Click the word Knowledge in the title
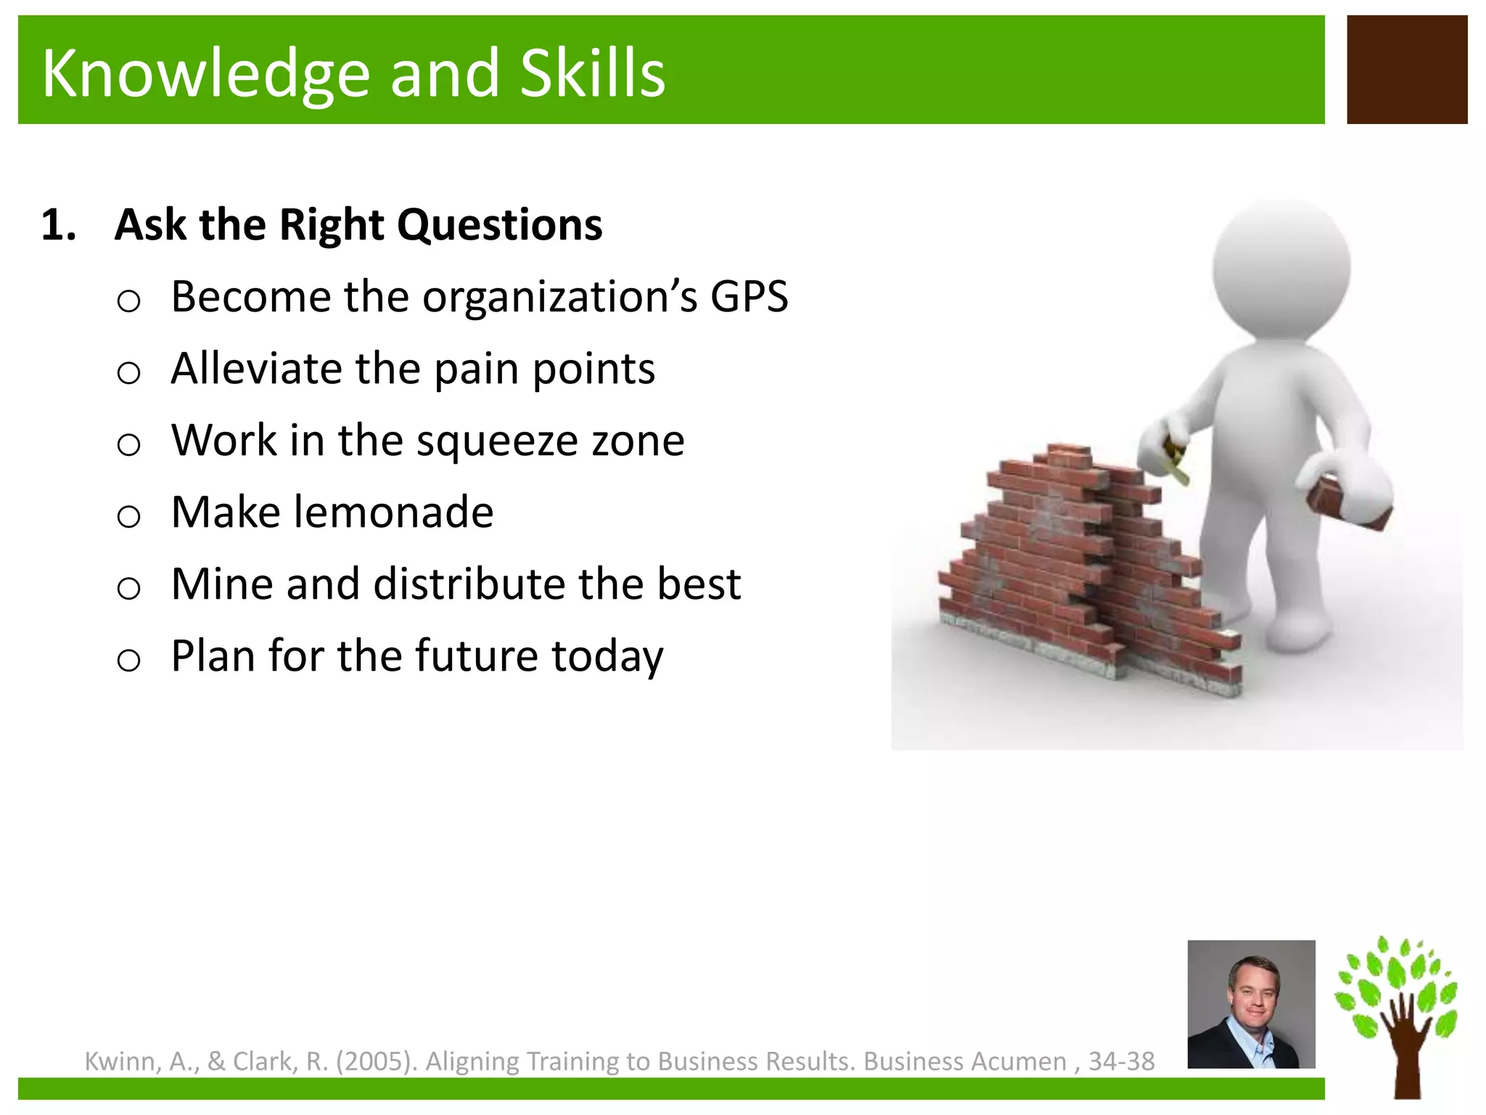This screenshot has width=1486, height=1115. (x=205, y=74)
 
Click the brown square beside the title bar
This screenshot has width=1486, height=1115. (x=1406, y=70)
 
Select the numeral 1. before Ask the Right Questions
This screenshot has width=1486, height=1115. (x=58, y=225)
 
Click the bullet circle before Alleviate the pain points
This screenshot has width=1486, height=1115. (x=128, y=373)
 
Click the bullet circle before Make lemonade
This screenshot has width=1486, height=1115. (x=128, y=517)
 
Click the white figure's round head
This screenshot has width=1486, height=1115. (x=1281, y=269)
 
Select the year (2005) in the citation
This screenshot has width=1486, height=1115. (x=377, y=1061)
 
